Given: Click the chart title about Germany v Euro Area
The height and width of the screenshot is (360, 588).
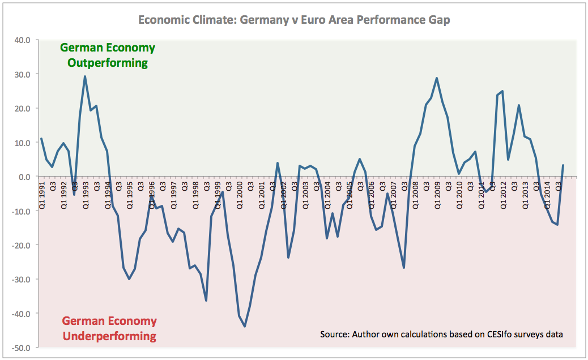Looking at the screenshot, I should pyautogui.click(x=294, y=20).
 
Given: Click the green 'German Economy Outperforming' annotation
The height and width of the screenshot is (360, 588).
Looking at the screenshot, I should pyautogui.click(x=107, y=55).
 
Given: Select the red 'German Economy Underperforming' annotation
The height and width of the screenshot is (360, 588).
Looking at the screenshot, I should pyautogui.click(x=109, y=328).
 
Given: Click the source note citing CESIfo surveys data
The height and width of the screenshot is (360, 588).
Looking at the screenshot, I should pyautogui.click(x=441, y=334).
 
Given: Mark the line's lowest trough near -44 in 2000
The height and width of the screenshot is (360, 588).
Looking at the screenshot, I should pyautogui.click(x=245, y=327).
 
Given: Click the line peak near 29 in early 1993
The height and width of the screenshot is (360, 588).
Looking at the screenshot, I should pyautogui.click(x=85, y=76).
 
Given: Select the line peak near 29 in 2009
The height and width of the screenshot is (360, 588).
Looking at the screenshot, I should pyautogui.click(x=437, y=78).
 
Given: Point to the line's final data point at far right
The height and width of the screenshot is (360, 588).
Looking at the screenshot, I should pyautogui.click(x=563, y=165).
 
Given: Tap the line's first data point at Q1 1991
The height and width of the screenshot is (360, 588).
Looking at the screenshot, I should pyautogui.click(x=41, y=139).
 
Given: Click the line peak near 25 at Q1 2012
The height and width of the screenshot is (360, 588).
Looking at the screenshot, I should pyautogui.click(x=502, y=91).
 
